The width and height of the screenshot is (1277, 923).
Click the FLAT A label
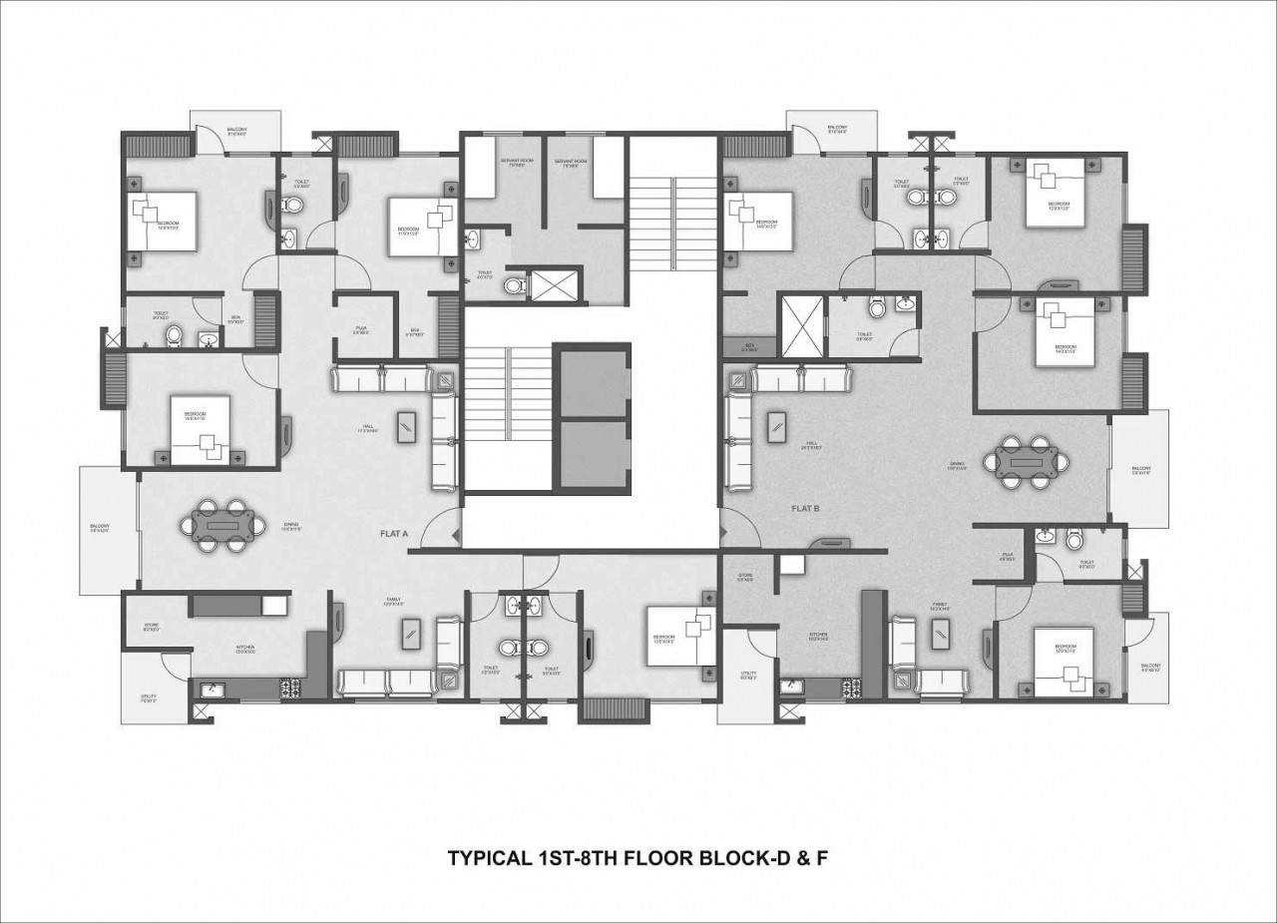point(395,534)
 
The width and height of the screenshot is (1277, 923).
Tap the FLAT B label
point(805,508)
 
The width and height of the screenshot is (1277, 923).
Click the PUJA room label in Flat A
point(361,329)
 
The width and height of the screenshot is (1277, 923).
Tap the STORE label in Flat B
point(744,577)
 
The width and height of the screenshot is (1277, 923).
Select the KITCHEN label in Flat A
point(246,648)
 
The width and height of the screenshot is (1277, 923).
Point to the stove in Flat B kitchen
point(851,685)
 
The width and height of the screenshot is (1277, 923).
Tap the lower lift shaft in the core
point(592,455)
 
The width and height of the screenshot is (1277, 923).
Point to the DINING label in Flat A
point(291,527)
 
